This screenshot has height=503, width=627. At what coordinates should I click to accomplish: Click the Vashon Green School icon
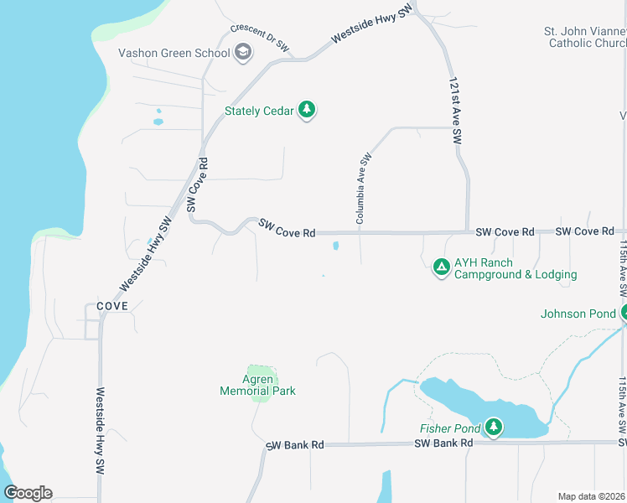(243, 54)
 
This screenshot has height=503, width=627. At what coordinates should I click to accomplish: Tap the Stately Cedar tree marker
(307, 110)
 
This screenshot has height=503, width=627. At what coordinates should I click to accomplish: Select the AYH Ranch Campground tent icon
(441, 267)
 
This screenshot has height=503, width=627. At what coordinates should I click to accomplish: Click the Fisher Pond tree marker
(494, 428)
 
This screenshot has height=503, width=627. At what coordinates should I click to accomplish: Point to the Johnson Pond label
(578, 315)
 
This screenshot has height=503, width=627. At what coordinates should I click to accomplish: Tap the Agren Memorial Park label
(257, 385)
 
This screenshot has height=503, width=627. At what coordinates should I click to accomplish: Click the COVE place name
(111, 306)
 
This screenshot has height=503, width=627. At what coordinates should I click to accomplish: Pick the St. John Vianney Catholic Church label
(588, 37)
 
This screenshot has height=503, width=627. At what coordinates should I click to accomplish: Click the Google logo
(28, 493)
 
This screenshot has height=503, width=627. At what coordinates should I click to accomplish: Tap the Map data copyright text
(591, 496)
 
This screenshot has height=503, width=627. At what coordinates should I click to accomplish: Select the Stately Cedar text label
(259, 110)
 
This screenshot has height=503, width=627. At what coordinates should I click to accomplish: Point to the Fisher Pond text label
(450, 429)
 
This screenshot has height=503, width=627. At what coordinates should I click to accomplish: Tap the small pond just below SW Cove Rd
(336, 246)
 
